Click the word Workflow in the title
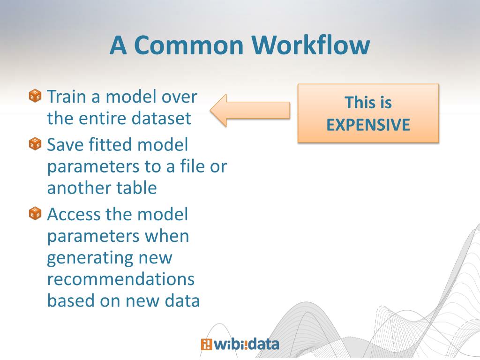click(x=310, y=45)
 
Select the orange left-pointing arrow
click(x=249, y=110)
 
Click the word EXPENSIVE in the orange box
click(x=368, y=125)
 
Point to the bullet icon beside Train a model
click(x=35, y=96)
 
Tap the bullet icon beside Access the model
click(x=35, y=213)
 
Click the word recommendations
click(x=120, y=279)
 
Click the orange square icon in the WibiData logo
click(x=206, y=345)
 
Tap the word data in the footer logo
click(x=263, y=345)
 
